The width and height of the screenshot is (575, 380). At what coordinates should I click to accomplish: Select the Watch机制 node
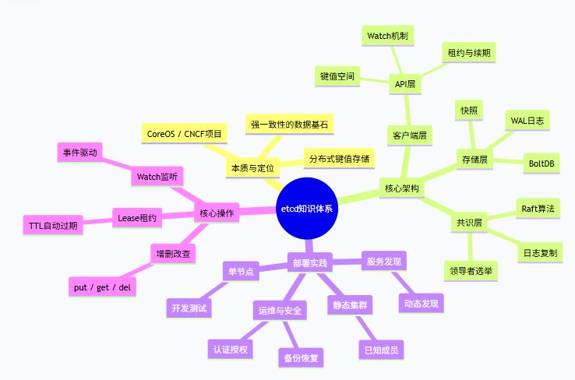click(x=388, y=36)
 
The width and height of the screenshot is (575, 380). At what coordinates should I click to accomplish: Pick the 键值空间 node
click(x=337, y=76)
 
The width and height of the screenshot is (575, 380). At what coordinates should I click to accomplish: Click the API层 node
click(x=404, y=84)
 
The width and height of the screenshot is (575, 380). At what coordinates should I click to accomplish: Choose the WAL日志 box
click(x=527, y=120)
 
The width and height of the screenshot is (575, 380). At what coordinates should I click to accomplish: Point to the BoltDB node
click(x=541, y=164)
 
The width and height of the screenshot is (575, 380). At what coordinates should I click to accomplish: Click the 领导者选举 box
click(x=474, y=270)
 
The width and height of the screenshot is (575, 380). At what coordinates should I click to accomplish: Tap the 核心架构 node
click(x=402, y=188)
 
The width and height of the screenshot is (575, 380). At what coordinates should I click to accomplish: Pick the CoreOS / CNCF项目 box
click(x=184, y=134)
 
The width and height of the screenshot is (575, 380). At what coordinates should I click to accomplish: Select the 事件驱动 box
click(x=80, y=153)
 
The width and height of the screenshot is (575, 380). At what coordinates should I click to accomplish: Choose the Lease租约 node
click(x=137, y=218)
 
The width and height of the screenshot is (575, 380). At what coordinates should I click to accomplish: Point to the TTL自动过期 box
click(x=53, y=226)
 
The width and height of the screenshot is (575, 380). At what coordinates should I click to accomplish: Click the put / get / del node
click(x=102, y=287)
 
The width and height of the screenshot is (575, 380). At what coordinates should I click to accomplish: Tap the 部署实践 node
click(x=309, y=262)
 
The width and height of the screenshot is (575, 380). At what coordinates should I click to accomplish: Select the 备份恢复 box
click(x=300, y=357)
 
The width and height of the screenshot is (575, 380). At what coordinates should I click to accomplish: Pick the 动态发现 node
click(x=422, y=303)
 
